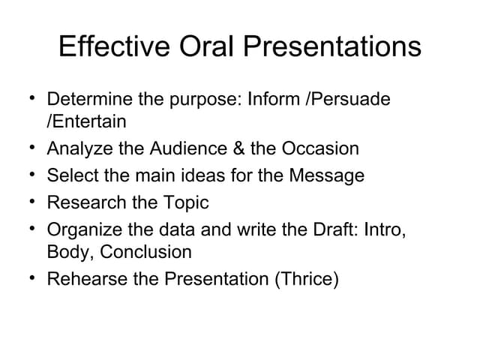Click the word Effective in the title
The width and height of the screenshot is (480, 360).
pyautogui.click(x=111, y=47)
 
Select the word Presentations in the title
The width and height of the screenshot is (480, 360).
pyautogui.click(x=337, y=47)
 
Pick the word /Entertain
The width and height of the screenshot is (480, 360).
pyautogui.click(x=87, y=121)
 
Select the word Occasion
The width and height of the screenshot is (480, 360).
pyautogui.click(x=320, y=148)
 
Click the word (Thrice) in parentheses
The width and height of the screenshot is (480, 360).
pyautogui.click(x=306, y=279)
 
